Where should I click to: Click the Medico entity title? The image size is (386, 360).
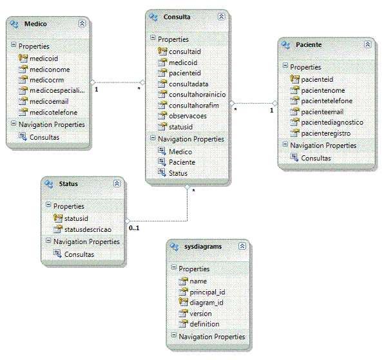tap(35, 24)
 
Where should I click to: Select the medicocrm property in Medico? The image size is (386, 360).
tap(47, 80)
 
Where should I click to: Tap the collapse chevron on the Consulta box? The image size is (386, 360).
tap(221, 17)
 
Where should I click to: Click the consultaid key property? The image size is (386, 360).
tap(185, 52)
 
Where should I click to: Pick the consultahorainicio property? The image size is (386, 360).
tap(197, 95)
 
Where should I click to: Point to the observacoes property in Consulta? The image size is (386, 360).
tap(188, 116)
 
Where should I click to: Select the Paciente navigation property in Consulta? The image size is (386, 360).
tap(182, 162)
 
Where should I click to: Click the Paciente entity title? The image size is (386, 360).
tap(309, 45)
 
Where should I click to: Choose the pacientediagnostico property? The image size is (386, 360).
tap(332, 122)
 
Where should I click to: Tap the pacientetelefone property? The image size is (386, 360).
tap(327, 101)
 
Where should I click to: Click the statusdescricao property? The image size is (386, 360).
tap(88, 229)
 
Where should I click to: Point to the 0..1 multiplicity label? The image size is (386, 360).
tap(134, 228)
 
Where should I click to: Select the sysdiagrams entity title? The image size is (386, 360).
tap(203, 247)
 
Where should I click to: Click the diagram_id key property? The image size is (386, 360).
tap(206, 303)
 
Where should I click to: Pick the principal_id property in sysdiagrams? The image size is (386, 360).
tap(207, 292)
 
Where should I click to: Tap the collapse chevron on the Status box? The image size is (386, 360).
tap(117, 184)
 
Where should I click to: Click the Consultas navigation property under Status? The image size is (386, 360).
tap(79, 254)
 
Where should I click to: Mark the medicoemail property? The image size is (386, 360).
tap(49, 101)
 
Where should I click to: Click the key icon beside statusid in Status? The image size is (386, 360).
tap(58, 218)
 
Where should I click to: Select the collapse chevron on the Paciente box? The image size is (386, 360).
tap(367, 44)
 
